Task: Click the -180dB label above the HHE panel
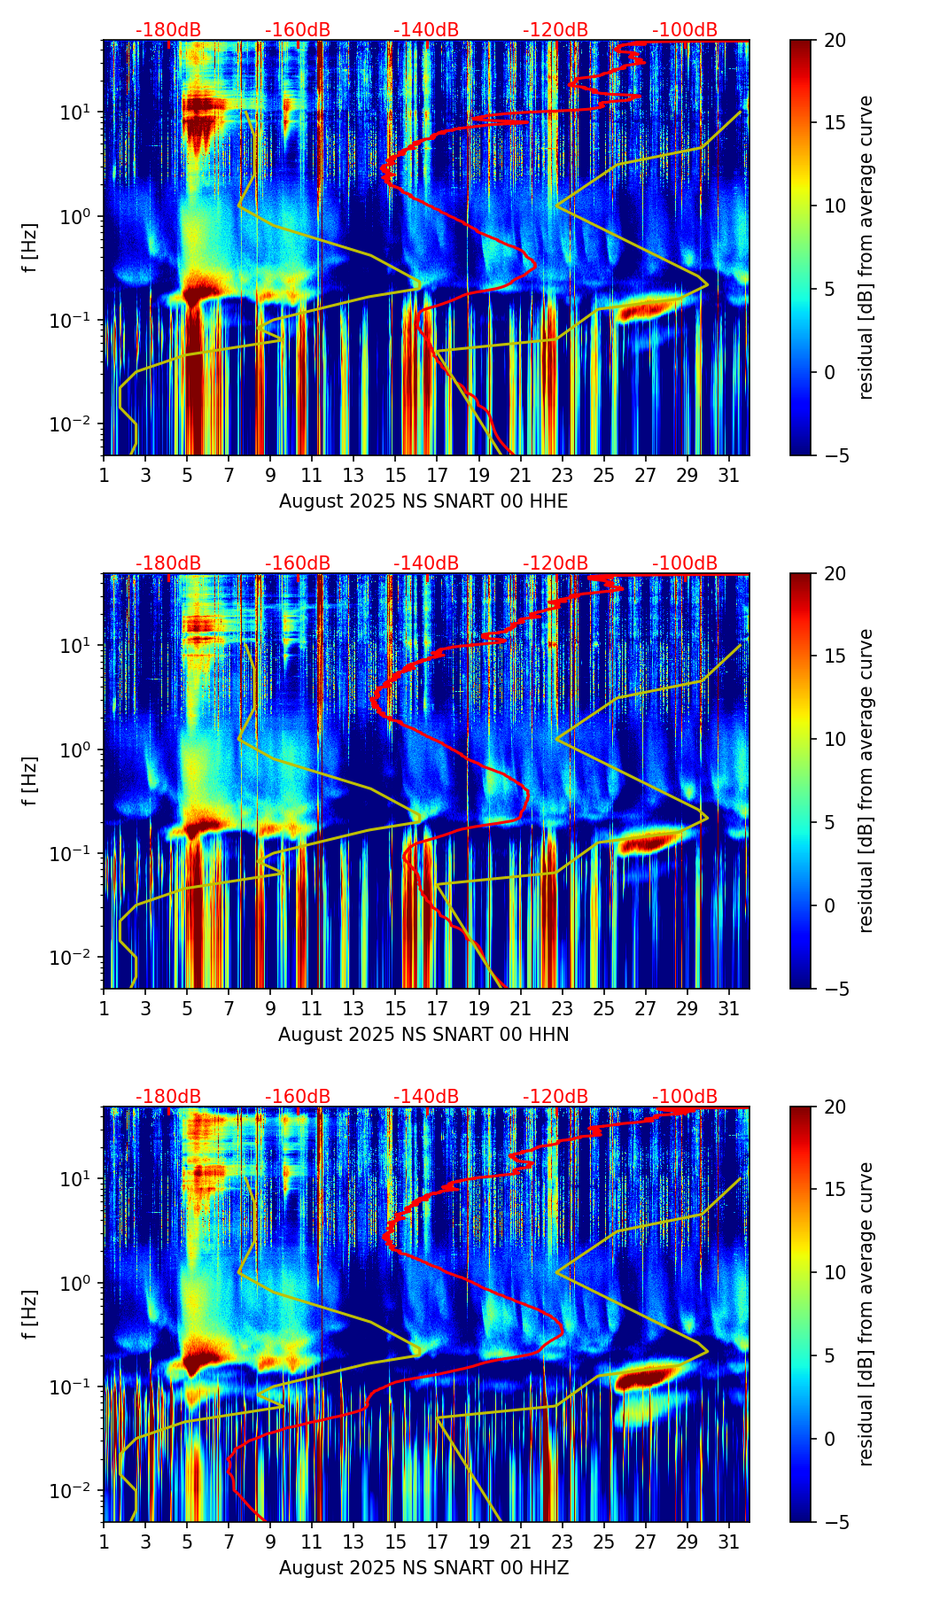point(168,30)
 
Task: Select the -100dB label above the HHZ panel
point(685,1097)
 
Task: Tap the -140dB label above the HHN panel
point(426,563)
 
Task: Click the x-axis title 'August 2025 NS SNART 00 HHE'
point(423,501)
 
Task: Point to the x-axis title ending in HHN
point(423,1035)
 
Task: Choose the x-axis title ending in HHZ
point(423,1568)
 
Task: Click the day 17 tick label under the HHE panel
point(437,475)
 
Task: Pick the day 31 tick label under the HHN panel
point(729,1008)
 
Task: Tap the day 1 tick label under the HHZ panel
point(104,1542)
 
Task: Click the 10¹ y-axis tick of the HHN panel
point(77,645)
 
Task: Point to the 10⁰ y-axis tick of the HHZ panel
point(77,1283)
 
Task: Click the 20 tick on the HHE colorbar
point(835,41)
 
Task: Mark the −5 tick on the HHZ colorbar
point(835,1522)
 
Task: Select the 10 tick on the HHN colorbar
point(835,739)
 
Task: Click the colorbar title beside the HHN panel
point(866,781)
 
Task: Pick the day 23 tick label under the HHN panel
point(562,1008)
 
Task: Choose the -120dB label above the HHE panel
point(555,30)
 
